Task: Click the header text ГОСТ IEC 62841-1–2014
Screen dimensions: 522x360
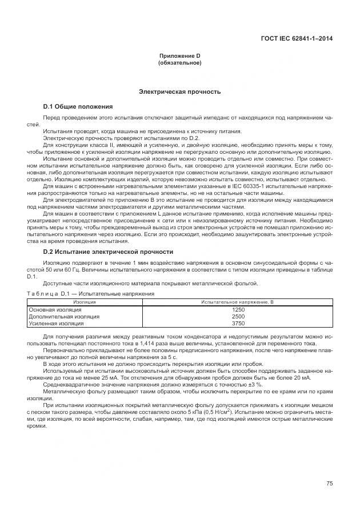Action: [296, 39]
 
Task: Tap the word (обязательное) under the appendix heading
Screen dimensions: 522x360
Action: [179, 62]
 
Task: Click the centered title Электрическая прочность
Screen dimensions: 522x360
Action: [179, 91]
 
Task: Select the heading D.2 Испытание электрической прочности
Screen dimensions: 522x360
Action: [109, 252]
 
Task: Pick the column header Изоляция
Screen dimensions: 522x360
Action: [85, 301]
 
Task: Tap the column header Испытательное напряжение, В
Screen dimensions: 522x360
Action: [238, 301]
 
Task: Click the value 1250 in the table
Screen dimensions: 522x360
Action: [238, 309]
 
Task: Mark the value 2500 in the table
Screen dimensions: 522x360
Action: [238, 316]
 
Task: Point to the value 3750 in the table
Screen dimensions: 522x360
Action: [238, 323]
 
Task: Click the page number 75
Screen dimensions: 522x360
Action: [329, 484]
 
